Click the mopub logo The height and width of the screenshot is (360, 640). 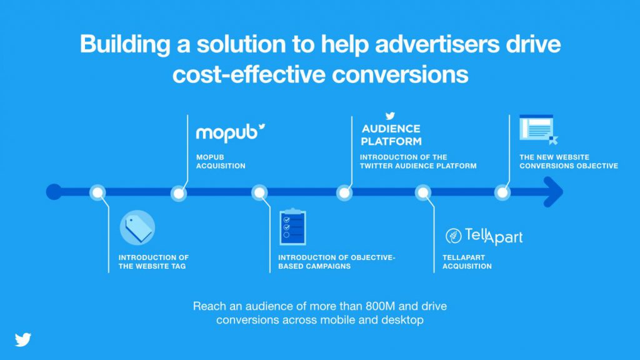[231, 133]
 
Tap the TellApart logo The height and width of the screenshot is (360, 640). [484, 236]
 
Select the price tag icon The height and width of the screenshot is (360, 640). [137, 227]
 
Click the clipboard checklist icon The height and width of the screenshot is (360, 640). [292, 227]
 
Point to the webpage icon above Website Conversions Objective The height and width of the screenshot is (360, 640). [538, 129]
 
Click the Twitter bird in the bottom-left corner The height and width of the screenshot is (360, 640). [23, 339]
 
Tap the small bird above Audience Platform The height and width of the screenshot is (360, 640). [390, 116]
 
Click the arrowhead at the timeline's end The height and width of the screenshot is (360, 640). [553, 192]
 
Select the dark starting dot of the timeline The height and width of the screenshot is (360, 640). [54, 192]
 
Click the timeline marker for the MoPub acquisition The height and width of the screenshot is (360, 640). [179, 193]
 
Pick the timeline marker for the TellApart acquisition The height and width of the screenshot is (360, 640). [423, 192]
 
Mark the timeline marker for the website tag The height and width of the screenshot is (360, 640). [97, 192]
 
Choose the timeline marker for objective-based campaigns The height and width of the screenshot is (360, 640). [259, 192]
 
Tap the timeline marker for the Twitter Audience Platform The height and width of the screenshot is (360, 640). [344, 193]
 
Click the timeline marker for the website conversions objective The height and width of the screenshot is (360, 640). [502, 192]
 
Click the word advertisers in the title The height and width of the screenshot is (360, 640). [437, 44]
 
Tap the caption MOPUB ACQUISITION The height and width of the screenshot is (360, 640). [221, 162]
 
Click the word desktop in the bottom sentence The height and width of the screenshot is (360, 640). [402, 319]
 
